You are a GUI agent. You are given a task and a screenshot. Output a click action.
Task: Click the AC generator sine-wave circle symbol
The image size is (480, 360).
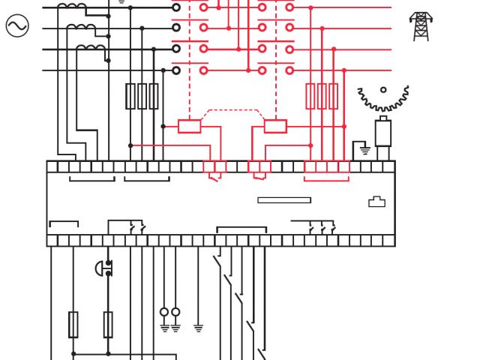[16, 27]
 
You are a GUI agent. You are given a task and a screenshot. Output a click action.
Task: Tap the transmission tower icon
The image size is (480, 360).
[421, 26]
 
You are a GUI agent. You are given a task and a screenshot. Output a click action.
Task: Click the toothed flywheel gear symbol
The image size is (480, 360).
[383, 96]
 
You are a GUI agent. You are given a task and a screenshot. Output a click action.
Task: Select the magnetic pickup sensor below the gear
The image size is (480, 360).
[383, 133]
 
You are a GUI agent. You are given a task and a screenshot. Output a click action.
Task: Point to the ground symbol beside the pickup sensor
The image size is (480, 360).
[364, 149]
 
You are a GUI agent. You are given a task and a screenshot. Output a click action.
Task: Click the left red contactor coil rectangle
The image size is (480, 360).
[190, 126]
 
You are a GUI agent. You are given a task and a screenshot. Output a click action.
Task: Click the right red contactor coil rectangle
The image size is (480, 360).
[275, 126]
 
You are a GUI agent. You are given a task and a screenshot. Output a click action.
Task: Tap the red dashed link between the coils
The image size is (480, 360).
[232, 110]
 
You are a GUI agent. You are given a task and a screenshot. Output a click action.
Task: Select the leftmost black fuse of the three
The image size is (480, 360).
[130, 96]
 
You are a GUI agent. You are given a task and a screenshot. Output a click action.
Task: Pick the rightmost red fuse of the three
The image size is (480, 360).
[333, 96]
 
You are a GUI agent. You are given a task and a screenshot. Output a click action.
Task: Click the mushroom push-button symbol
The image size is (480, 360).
[102, 268]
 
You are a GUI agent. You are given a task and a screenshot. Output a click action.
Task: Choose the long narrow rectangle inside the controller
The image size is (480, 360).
[284, 200]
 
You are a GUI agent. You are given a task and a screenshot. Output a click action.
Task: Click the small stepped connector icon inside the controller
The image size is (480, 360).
[376, 202]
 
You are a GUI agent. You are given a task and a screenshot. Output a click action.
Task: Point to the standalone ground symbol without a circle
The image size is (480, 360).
[198, 328]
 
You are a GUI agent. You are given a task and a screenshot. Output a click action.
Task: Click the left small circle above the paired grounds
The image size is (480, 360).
[164, 312]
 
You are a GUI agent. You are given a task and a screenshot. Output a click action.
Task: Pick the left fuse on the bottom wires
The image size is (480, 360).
[73, 324]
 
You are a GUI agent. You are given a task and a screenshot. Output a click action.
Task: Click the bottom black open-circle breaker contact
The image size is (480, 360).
[176, 70]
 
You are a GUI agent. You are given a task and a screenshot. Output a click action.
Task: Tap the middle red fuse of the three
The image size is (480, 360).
[322, 96]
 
